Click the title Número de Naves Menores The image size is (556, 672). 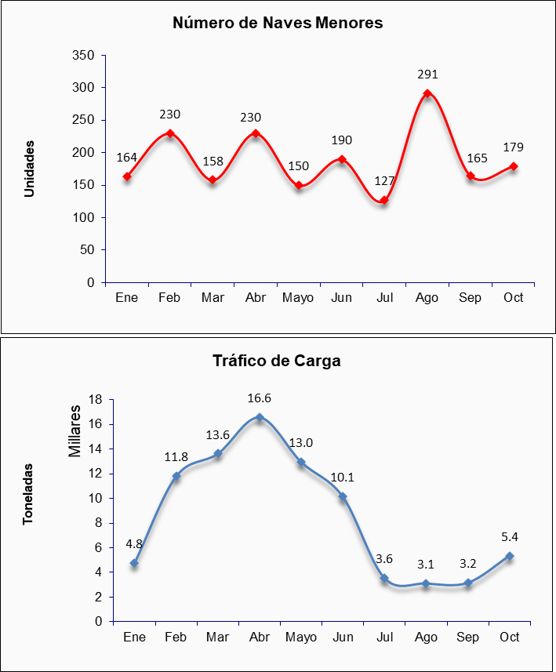pos(278,23)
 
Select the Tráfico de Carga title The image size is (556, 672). pos(277,361)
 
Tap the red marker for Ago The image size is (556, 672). pos(427,93)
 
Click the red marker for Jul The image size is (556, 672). pos(384,200)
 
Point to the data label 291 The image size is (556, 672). pos(427,74)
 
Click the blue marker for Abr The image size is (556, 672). pos(260,417)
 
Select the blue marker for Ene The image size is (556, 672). pos(134,563)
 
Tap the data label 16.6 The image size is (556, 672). pos(260,398)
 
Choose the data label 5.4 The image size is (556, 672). pos(510,537)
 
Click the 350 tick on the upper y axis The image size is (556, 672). pos(84,56)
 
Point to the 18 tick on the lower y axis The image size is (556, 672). pos(96,399)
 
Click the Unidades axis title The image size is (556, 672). pos(30,169)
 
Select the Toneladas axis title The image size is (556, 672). pos(28,493)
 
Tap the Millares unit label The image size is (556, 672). pos(76,431)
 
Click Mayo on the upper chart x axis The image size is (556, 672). pos(299,298)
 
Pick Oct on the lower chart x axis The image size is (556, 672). pos(510,637)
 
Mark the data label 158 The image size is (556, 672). pos(213,162)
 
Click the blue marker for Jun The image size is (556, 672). pos(343,497)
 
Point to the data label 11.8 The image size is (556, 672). pos(176,457)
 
